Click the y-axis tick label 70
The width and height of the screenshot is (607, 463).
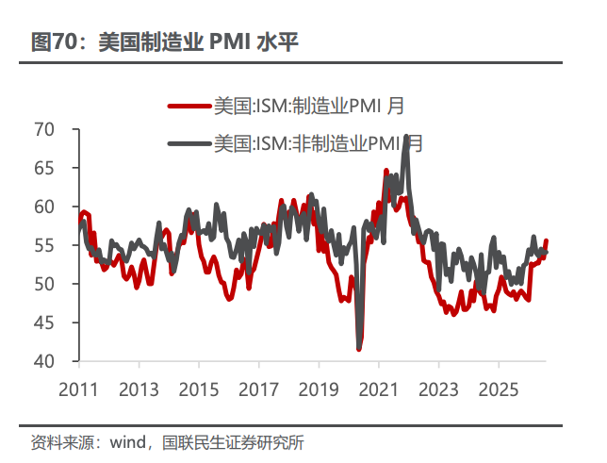coord(44,129)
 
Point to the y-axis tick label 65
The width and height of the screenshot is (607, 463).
coord(44,168)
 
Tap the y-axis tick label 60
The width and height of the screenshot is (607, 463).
coord(44,207)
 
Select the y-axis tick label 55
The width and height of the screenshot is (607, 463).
coord(44,245)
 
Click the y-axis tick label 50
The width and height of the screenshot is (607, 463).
coord(44,284)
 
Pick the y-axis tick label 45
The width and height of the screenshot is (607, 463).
coord(44,322)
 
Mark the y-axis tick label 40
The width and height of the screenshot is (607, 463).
coord(44,361)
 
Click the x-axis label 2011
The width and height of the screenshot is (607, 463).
coord(78,389)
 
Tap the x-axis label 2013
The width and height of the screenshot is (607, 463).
coord(139,389)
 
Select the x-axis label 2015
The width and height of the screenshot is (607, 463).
coord(199,389)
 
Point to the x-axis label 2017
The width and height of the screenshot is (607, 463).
coord(258,389)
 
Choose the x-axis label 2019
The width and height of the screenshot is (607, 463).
coord(319,389)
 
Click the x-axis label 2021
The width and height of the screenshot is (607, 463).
coord(379,389)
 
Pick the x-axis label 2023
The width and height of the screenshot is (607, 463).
coord(438,389)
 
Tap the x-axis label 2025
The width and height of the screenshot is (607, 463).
coord(499,389)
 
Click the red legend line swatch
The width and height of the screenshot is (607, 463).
coord(190,106)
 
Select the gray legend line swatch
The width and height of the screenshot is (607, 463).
coord(190,143)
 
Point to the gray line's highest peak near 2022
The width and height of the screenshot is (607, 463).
coord(405,136)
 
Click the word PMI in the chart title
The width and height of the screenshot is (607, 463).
coord(230,41)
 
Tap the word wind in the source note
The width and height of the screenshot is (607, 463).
coord(128,442)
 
